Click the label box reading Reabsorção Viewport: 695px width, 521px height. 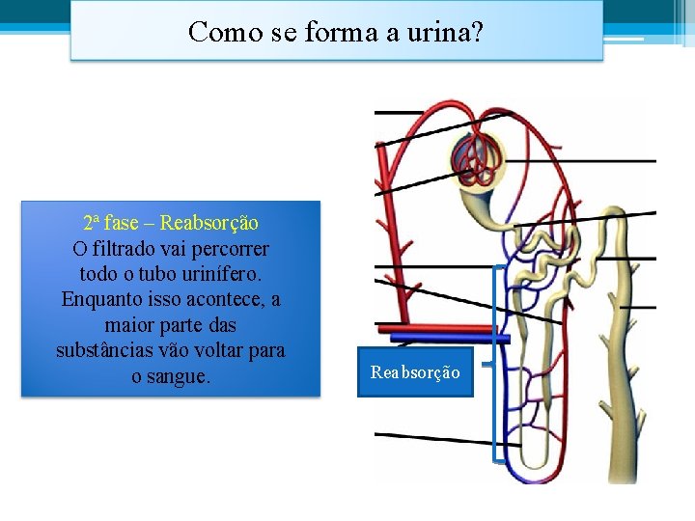[415, 371]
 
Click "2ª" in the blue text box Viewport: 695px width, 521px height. [92, 224]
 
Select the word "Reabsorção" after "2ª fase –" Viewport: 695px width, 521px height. [209, 224]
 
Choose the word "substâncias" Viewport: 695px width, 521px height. [103, 350]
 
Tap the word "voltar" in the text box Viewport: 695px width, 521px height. [225, 350]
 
